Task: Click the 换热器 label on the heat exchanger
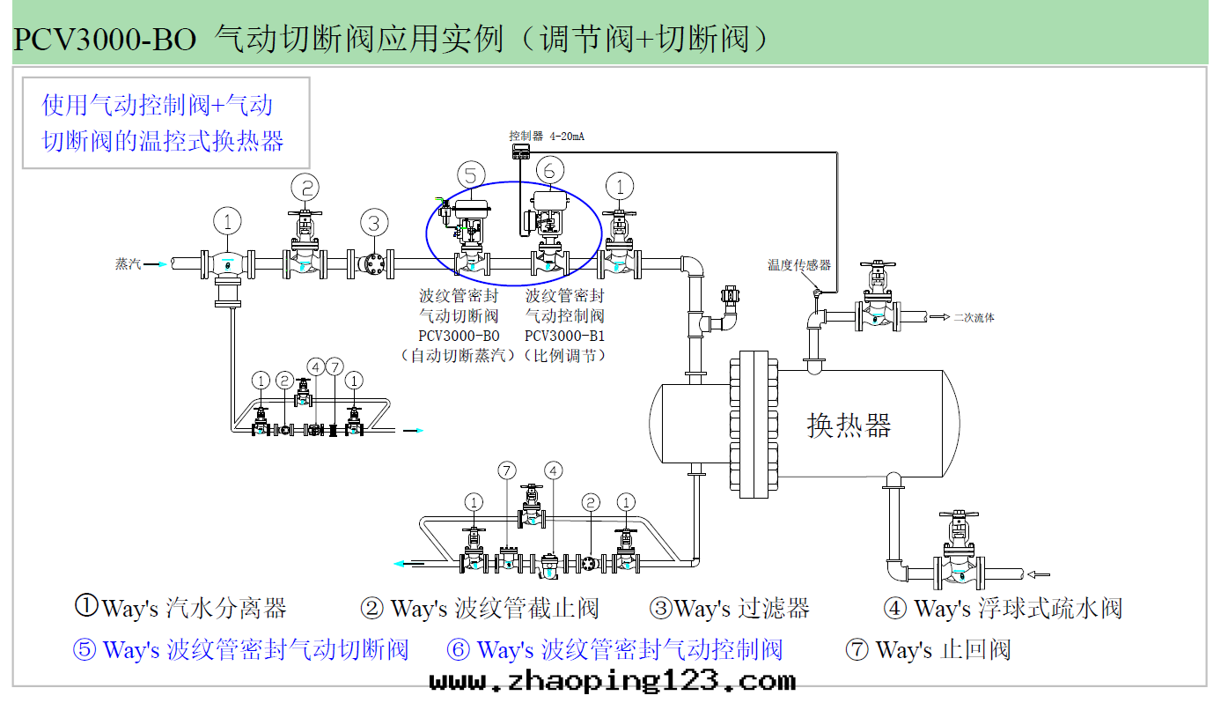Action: point(849,425)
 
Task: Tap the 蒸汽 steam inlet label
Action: point(128,263)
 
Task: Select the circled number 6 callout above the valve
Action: point(549,169)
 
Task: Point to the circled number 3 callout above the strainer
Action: point(374,222)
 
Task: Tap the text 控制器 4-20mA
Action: point(547,137)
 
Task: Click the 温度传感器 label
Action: point(798,264)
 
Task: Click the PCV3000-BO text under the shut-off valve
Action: point(459,336)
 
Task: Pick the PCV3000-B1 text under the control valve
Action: point(564,336)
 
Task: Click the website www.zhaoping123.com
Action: point(613,681)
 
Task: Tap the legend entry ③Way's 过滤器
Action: point(729,608)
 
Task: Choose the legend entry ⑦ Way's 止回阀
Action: point(928,650)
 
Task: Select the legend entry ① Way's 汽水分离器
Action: point(180,607)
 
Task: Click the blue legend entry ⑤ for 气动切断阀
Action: point(240,650)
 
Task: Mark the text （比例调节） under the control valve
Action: point(564,356)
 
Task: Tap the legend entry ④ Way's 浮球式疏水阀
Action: point(1003,608)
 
